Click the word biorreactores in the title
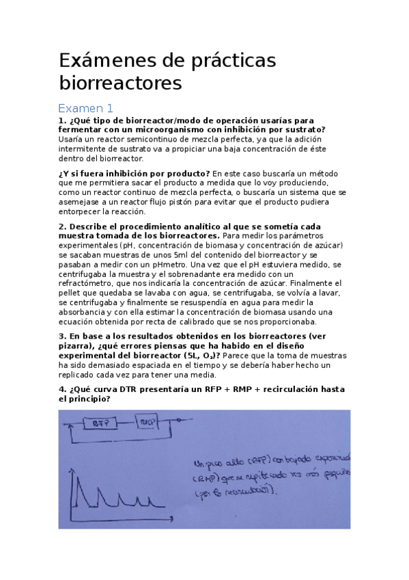(121, 83)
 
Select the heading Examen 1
(85, 109)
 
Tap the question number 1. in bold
(63, 121)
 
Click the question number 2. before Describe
(63, 226)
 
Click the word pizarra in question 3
(76, 346)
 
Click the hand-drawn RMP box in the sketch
(147, 422)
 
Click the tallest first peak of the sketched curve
(74, 479)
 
